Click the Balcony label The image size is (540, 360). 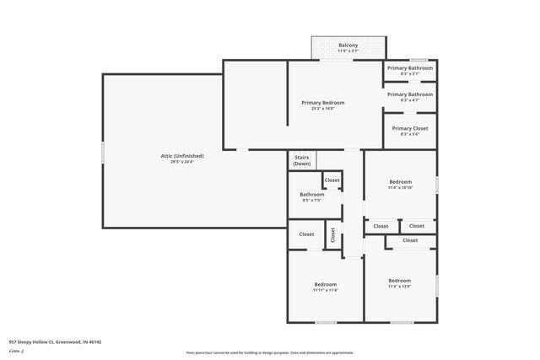348,45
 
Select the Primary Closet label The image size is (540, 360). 409,128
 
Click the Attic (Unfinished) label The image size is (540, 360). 182,155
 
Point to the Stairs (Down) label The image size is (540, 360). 301,160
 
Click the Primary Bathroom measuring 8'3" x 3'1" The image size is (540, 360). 409,67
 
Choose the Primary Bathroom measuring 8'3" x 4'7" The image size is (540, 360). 409,94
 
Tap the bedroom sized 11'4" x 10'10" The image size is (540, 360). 400,182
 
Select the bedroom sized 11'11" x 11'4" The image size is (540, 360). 325,284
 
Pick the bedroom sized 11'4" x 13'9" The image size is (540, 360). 400,281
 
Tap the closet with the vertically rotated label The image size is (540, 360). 332,235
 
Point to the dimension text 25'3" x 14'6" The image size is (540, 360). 323,108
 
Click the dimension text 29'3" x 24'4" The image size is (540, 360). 182,161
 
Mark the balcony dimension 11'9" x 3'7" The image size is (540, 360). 348,51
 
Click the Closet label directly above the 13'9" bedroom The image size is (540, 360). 410,240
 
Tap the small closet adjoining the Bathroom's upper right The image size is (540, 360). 332,180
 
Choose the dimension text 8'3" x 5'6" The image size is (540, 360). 409,134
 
